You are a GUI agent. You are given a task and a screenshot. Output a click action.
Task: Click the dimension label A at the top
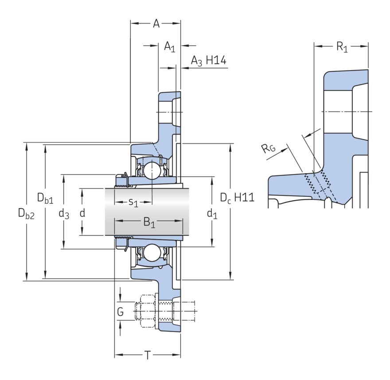click(x=156, y=24)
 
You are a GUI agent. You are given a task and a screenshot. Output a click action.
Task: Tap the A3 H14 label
click(x=209, y=61)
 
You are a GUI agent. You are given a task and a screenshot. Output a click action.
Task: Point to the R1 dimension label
click(x=342, y=46)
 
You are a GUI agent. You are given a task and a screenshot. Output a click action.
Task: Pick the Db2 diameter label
click(x=26, y=213)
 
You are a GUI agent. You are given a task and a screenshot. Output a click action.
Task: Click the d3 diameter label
click(x=64, y=214)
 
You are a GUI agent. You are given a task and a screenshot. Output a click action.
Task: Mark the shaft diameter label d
click(x=82, y=213)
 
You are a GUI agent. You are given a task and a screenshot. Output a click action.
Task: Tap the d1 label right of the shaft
click(x=212, y=214)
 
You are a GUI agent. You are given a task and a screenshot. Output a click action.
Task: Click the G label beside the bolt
click(x=120, y=312)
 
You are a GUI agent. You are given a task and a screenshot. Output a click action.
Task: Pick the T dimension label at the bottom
click(x=148, y=355)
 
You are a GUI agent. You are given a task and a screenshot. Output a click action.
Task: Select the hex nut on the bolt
click(x=146, y=311)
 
